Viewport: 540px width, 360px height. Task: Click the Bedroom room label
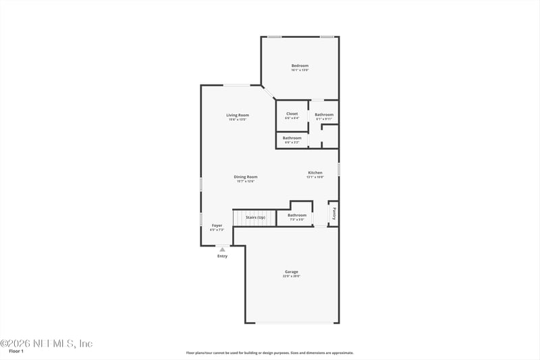[x=300, y=66]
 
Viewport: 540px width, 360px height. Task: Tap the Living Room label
[x=238, y=115]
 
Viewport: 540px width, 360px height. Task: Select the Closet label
[x=292, y=113]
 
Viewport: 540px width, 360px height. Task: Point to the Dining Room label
[x=227, y=177]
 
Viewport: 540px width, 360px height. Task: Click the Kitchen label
[x=315, y=173]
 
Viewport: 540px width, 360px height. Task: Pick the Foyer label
[x=217, y=225]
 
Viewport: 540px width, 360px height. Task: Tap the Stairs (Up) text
[x=255, y=217]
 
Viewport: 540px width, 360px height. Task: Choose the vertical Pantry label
[x=333, y=213]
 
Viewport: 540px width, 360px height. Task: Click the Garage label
[x=291, y=272]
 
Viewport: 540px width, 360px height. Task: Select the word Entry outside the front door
[x=222, y=256]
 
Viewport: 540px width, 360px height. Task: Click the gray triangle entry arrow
[x=222, y=249]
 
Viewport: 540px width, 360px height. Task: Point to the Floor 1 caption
[x=16, y=351]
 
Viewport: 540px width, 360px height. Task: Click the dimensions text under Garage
[x=291, y=276]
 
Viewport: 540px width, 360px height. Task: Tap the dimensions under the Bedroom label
[x=300, y=70]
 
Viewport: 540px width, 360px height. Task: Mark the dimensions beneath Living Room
[x=238, y=120]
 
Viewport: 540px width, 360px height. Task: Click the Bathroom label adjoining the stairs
[x=297, y=215]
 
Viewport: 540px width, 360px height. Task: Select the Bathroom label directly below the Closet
[x=292, y=138]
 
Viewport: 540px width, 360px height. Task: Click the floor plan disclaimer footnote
[x=269, y=353]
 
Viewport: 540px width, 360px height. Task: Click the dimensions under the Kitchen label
[x=315, y=178]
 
